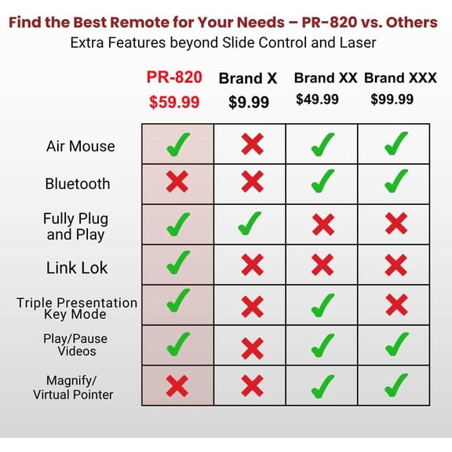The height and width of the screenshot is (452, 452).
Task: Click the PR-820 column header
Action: pos(174,77)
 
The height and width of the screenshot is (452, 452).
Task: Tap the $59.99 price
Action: pos(174,101)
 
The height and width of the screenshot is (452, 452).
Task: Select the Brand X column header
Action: pos(249,78)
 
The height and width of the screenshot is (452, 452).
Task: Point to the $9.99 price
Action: pos(249,102)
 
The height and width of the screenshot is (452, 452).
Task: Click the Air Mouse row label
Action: pos(80,146)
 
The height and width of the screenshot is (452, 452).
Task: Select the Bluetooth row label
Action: pos(78,184)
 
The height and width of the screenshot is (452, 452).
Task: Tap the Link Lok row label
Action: pos(77,268)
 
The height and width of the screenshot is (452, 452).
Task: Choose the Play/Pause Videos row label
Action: pos(76,344)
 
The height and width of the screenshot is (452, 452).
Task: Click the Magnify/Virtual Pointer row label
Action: pos(73,388)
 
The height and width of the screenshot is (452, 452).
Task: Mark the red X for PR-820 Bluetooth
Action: pos(177,183)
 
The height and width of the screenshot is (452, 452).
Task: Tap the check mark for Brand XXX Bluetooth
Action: pos(396,183)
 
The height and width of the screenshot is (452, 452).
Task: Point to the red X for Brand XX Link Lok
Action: pos(323,264)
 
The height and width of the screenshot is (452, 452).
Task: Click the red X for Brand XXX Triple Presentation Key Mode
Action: pos(396,304)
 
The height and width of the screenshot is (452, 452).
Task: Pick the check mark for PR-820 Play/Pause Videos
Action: pos(177,344)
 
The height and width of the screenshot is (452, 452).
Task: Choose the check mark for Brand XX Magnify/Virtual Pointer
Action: pos(323,385)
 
